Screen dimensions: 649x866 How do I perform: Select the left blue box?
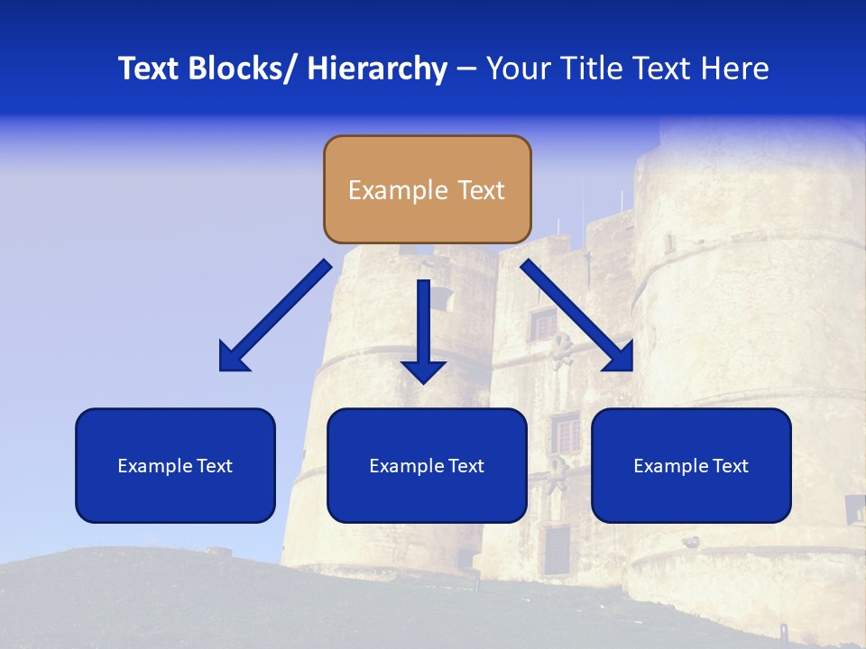175,465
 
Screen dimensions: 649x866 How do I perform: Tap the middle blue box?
427,465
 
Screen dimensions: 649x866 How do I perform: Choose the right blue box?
691,465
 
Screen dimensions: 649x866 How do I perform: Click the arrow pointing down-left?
276,315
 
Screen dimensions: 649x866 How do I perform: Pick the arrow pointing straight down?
423,329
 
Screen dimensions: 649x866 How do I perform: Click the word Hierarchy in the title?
377,69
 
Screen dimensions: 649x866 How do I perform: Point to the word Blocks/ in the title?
241,69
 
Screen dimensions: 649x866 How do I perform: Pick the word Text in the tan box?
480,190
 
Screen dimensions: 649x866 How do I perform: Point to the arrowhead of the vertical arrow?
423,370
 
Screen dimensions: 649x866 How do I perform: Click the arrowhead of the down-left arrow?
232,358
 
